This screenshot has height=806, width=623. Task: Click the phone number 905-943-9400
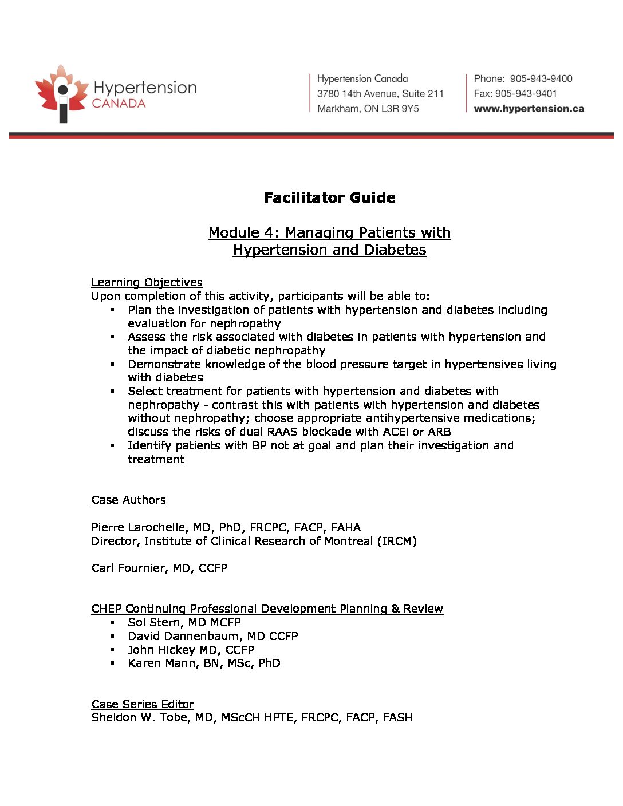pyautogui.click(x=541, y=79)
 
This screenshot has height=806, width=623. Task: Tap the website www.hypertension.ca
pyautogui.click(x=529, y=109)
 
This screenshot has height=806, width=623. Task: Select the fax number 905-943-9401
pyautogui.click(x=526, y=94)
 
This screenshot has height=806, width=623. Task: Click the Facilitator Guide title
pyautogui.click(x=330, y=198)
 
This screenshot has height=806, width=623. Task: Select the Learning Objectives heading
pyautogui.click(x=147, y=282)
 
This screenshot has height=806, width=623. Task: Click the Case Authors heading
pyautogui.click(x=128, y=500)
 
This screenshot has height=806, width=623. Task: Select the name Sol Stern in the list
pyautogui.click(x=153, y=622)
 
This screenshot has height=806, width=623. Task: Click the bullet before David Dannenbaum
pyautogui.click(x=113, y=637)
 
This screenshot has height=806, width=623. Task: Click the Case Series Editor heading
pyautogui.click(x=143, y=704)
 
